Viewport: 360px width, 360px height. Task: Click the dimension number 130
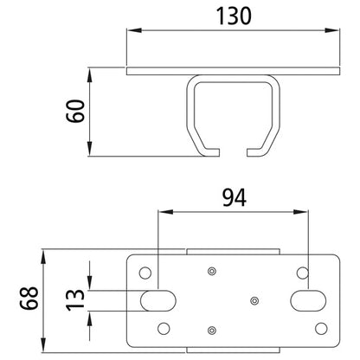pyautogui.click(x=234, y=16)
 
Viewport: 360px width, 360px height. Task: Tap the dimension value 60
pyautogui.click(x=75, y=111)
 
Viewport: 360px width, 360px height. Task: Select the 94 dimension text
pyautogui.click(x=235, y=197)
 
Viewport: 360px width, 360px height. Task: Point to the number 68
pyautogui.click(x=29, y=298)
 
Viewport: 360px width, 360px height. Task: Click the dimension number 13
pyautogui.click(x=75, y=300)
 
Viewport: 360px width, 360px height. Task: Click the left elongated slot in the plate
pyautogui.click(x=158, y=300)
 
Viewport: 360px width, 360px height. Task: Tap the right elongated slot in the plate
pyautogui.click(x=308, y=300)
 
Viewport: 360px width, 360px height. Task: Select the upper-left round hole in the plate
pyautogui.click(x=145, y=273)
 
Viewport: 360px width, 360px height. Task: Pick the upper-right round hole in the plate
pyautogui.click(x=303, y=273)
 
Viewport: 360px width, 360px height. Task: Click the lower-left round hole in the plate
pyautogui.click(x=164, y=329)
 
